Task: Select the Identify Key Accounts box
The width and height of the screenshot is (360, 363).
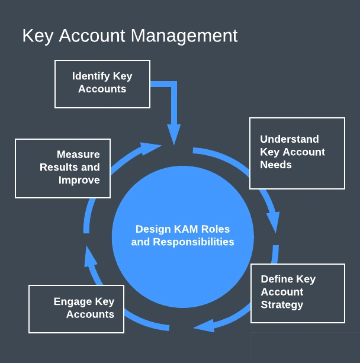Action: pos(102,83)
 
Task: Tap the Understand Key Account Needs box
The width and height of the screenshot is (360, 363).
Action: pos(297,153)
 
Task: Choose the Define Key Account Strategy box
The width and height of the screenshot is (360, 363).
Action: pos(297,293)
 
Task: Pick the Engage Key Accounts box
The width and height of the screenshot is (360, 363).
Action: pos(76,309)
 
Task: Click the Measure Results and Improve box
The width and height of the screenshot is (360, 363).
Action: pos(63,168)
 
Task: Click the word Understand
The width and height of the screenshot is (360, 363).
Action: pos(290,139)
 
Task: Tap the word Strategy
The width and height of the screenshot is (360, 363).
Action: pos(282,305)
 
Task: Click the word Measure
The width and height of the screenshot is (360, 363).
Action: pos(78,155)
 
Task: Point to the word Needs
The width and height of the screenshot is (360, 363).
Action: pos(276,165)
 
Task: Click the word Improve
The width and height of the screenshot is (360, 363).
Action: pos(79,180)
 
